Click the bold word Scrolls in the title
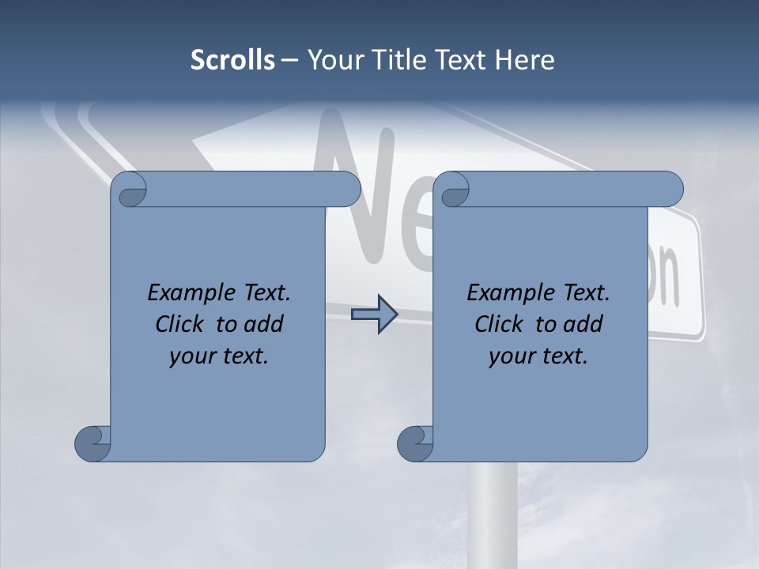point(233,60)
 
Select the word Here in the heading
point(525,60)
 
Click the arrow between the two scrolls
point(374,315)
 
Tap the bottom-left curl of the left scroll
point(93,443)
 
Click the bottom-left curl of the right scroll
point(415,443)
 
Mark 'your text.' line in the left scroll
point(219,356)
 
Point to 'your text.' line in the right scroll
point(538,356)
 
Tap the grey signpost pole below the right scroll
point(493,514)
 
